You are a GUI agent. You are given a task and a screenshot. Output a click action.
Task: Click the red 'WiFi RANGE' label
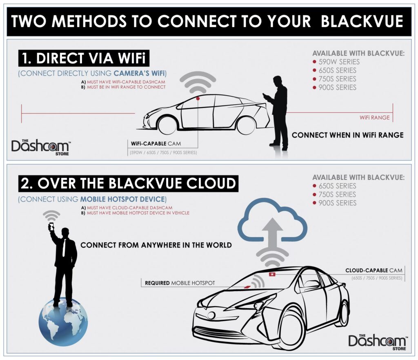[374, 118]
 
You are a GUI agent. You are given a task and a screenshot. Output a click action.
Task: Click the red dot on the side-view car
[198, 98]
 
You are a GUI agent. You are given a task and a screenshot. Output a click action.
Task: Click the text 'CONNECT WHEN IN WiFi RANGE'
[347, 135]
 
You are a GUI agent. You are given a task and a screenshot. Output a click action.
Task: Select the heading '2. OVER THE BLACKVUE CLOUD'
[128, 183]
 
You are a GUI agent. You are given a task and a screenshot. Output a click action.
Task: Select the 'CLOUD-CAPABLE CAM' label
[374, 270]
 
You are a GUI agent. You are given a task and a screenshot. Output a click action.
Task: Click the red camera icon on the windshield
[272, 274]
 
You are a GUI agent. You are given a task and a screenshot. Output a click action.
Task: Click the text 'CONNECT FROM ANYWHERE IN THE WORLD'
[156, 245]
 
